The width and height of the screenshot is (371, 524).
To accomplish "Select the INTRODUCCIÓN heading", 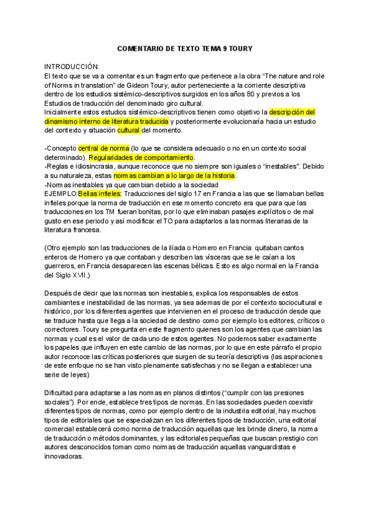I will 72,65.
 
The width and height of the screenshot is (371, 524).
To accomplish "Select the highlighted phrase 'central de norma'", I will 104,149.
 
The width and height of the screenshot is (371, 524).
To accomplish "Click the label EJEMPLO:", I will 61,194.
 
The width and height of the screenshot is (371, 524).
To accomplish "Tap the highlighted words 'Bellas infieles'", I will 101,194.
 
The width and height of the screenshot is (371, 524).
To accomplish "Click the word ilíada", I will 173,247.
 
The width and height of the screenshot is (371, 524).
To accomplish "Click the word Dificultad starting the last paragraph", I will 61,394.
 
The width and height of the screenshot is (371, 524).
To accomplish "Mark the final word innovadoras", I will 64,456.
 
